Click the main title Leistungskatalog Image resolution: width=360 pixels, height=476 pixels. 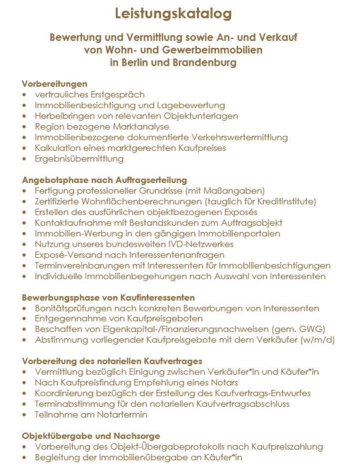tap(173, 13)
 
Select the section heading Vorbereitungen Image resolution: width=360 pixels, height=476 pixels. tap(54, 84)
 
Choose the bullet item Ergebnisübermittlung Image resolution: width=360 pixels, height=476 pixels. tap(79, 159)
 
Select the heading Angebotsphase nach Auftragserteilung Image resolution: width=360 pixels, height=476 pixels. tap(104, 180)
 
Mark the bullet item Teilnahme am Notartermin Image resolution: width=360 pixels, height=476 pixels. tap(91, 415)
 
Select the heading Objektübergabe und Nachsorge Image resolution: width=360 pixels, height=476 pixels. tap(91, 436)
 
